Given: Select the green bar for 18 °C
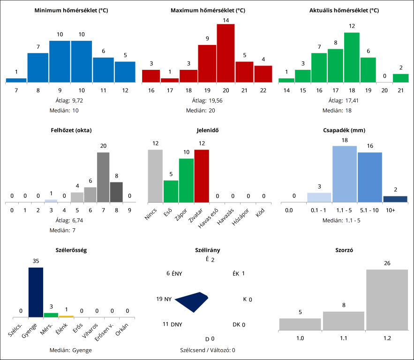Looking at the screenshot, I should coord(352,57).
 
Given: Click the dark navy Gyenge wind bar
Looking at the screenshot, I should coord(36,292).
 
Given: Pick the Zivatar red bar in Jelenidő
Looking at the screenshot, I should coord(202,176).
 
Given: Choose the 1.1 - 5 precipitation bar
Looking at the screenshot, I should coord(344,174).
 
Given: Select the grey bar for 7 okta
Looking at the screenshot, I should coord(103,177).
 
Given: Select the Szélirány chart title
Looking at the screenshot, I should coord(207,250).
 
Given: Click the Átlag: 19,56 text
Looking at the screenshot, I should coord(207,100).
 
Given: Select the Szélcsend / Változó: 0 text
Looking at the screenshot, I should coord(207,350).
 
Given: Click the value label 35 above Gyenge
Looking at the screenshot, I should coord(36,261).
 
